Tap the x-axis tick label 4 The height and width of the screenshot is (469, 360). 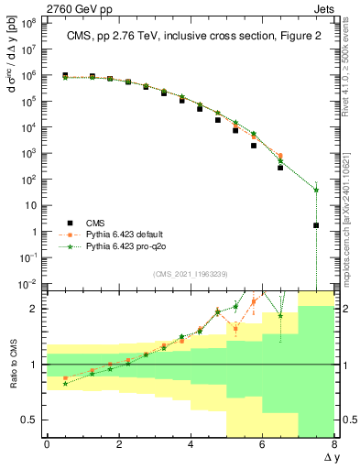(x=191, y=444)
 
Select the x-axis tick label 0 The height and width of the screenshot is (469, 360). (x=47, y=444)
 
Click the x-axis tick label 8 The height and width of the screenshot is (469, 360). (x=334, y=444)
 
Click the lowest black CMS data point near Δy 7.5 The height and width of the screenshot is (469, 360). (x=316, y=225)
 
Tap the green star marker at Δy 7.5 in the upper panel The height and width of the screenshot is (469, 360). (x=316, y=190)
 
